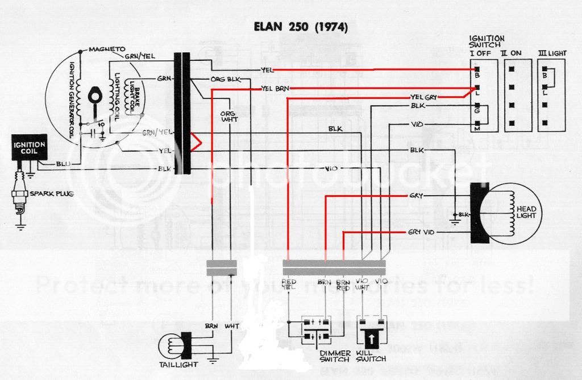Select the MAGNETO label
[x=106, y=49]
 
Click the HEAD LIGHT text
[x=526, y=212]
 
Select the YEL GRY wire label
[x=423, y=98]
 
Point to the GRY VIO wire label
[x=421, y=233]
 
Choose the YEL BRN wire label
[x=275, y=89]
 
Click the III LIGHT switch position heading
[x=552, y=53]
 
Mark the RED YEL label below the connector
[x=289, y=284]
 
